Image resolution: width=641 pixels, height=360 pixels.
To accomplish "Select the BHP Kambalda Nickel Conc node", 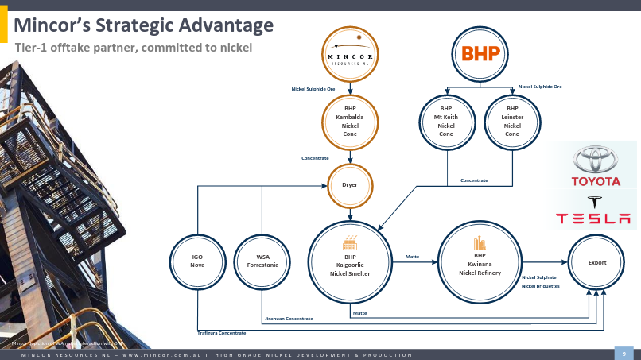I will click(351, 122).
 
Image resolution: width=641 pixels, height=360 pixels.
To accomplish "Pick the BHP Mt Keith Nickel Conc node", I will click(445, 122).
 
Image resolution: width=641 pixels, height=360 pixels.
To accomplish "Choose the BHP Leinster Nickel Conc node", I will click(512, 122).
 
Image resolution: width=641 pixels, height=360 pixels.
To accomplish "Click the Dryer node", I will click(350, 185).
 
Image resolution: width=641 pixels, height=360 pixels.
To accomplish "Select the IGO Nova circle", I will click(197, 261).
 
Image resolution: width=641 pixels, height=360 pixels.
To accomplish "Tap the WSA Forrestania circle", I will click(262, 261).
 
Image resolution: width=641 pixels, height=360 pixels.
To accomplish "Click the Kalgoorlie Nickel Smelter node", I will click(350, 261).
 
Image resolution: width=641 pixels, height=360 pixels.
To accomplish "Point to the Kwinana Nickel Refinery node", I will click(480, 261).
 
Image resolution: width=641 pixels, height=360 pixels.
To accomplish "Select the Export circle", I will click(596, 261).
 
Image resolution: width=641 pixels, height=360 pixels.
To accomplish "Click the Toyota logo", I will click(596, 165).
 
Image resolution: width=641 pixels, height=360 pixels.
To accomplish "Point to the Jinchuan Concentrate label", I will click(289, 319).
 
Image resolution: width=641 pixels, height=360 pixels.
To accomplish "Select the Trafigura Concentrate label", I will click(222, 332).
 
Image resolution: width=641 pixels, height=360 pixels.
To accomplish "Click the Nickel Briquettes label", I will click(541, 285).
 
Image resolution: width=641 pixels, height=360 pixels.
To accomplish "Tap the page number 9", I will click(624, 353).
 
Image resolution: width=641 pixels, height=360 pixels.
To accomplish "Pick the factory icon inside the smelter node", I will click(350, 242).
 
